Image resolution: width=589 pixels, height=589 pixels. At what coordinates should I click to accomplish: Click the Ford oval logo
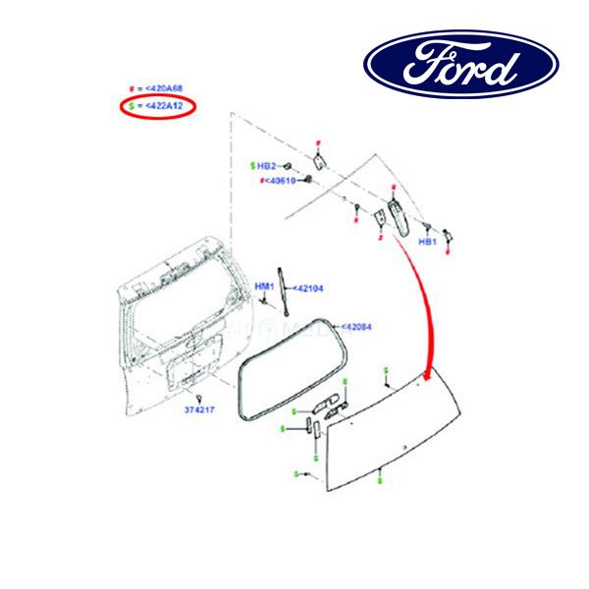tap(461, 66)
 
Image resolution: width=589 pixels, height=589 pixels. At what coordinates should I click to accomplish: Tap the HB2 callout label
tap(269, 166)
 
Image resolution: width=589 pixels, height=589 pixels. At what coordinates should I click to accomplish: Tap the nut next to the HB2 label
tap(289, 166)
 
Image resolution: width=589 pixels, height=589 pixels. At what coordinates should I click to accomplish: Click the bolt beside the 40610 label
tap(308, 180)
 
